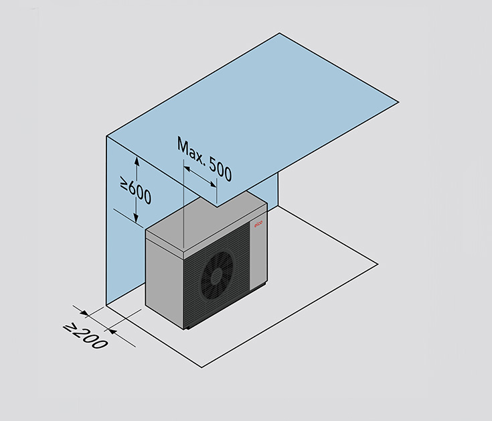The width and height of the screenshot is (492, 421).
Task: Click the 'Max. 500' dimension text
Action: coord(205,159)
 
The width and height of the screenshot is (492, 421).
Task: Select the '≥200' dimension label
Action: coord(86,336)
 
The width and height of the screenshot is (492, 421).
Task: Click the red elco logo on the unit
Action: coord(258,225)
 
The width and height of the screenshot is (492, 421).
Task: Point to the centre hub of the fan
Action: coord(216,276)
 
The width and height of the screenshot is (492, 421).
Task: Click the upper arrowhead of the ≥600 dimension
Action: coord(137,161)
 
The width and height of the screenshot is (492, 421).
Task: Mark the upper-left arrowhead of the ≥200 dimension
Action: coord(85,313)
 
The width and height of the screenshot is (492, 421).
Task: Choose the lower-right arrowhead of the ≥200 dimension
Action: coord(112,330)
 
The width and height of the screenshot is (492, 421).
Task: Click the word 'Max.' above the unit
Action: coord(190,151)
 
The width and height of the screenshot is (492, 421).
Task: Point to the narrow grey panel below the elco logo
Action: coord(258,257)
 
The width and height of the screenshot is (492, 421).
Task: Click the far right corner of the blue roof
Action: coord(398,102)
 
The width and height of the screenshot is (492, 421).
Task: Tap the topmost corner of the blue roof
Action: coord(279,33)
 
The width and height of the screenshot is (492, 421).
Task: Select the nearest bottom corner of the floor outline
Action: coord(201,367)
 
